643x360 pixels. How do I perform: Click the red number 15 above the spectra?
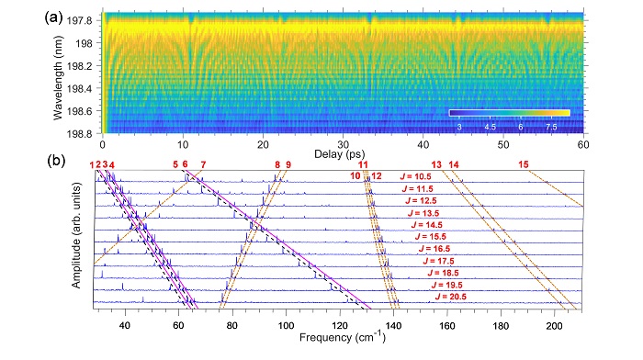pos(524,164)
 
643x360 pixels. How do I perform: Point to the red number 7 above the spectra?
pos(203,164)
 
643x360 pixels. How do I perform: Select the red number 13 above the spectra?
pos(436,164)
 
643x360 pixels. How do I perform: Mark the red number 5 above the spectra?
pos(175,164)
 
